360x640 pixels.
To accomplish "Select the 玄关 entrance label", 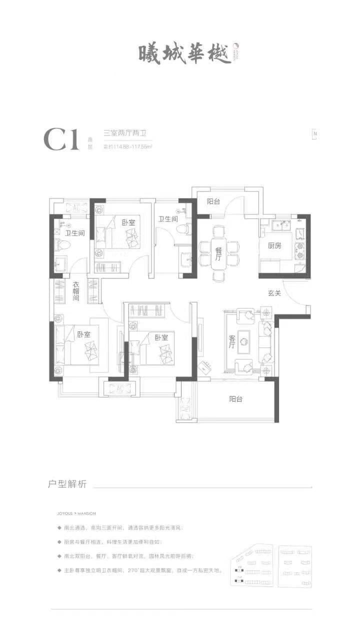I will click(x=274, y=293).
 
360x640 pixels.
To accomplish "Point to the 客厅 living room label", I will click(x=231, y=341).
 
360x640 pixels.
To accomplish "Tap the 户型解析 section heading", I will click(x=67, y=483).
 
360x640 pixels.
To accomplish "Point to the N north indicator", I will click(x=314, y=134).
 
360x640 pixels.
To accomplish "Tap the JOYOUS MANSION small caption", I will click(x=76, y=513).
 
